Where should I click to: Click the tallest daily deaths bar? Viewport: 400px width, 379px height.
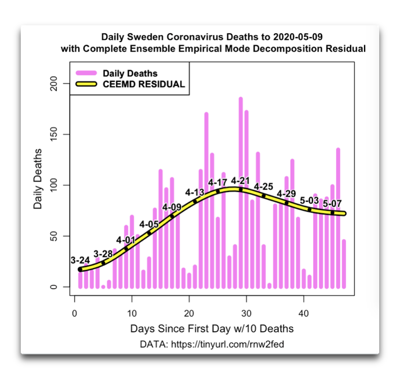tap(241, 191)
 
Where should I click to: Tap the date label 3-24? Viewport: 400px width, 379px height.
tap(80, 260)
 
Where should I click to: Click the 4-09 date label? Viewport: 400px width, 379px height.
tap(172, 207)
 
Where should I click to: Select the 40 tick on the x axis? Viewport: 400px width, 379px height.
tap(304, 313)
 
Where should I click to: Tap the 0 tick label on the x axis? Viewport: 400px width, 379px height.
tap(75, 313)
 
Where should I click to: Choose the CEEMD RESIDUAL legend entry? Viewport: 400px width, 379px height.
tap(144, 84)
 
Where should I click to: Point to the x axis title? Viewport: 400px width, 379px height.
tap(212, 328)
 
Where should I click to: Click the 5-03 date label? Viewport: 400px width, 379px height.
tap(309, 200)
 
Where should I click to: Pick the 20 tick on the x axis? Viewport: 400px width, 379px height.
tap(189, 313)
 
